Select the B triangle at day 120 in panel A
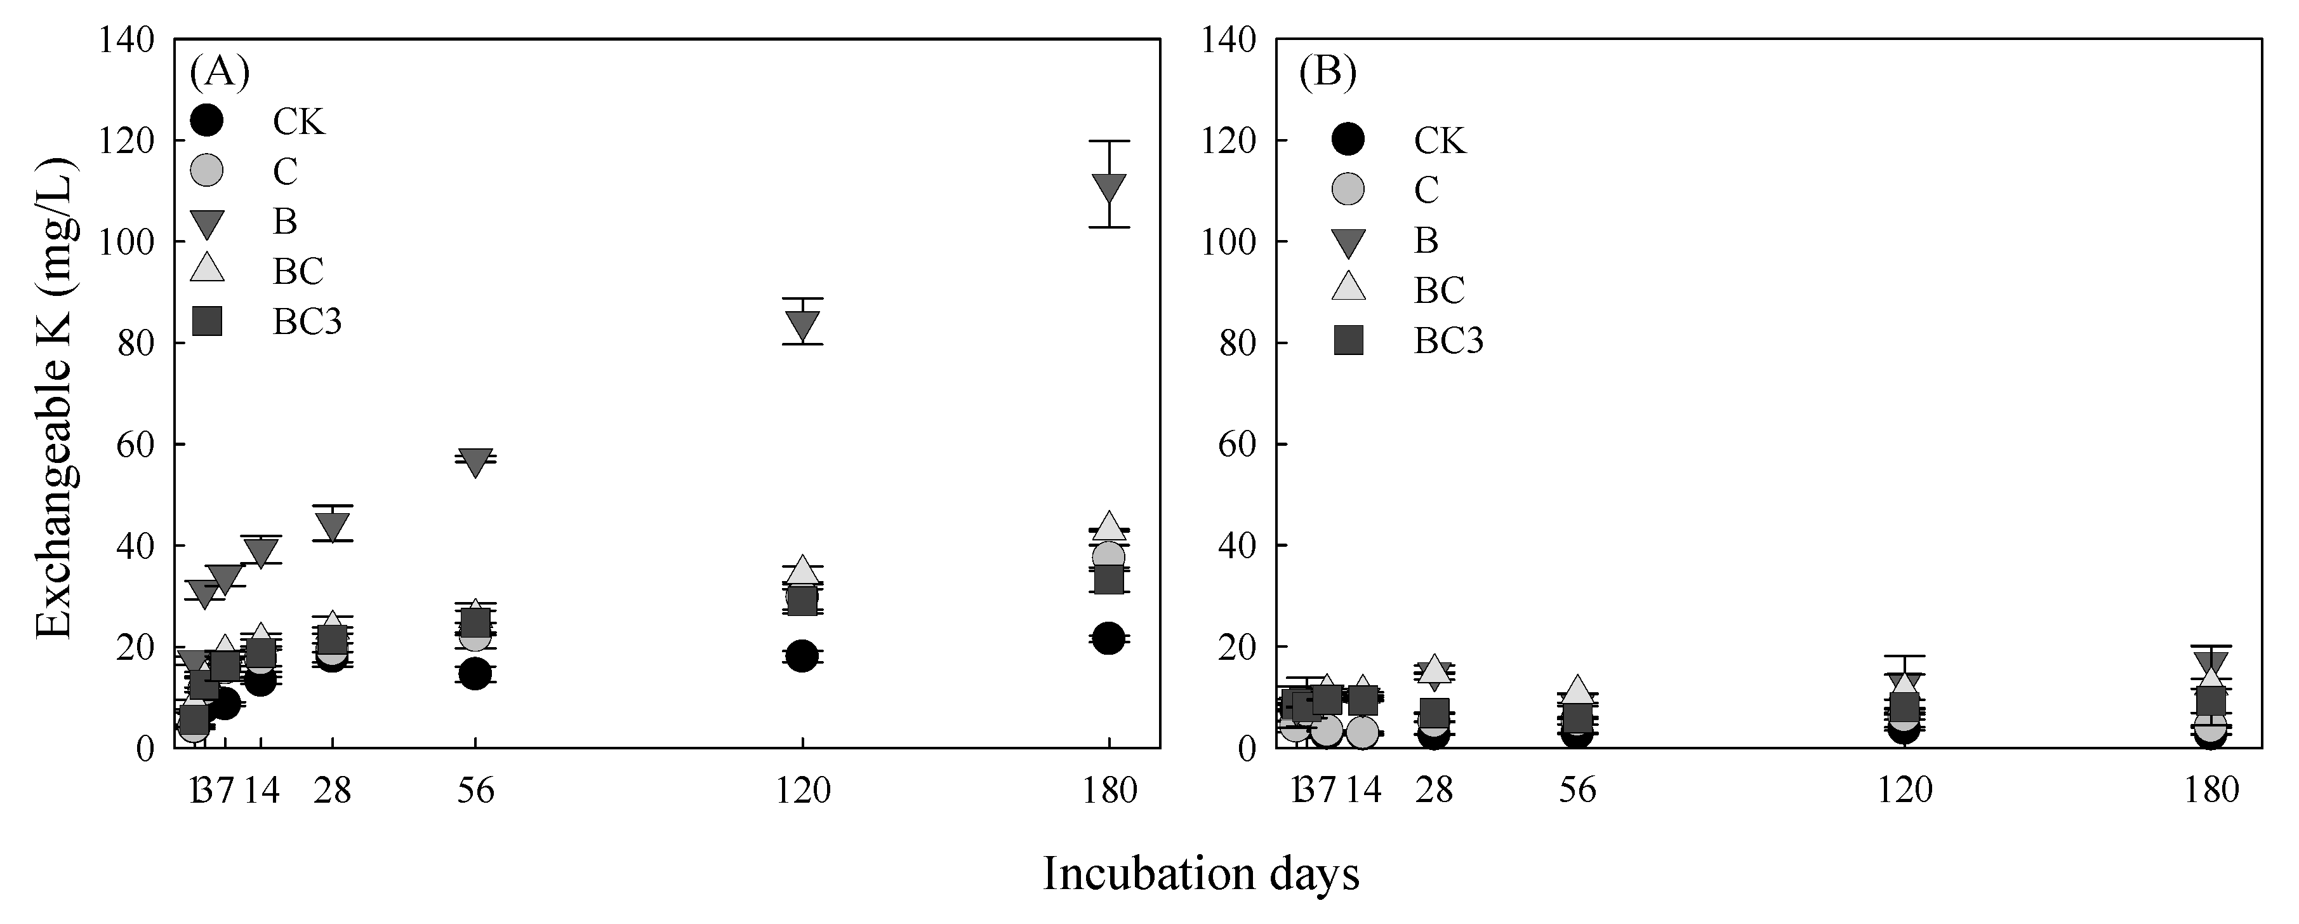click(x=802, y=326)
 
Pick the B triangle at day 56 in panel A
click(x=475, y=462)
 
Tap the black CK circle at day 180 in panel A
click(x=1108, y=638)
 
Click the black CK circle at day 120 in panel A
click(x=802, y=656)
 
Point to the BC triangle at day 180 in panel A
click(x=1108, y=525)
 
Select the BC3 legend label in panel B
click(x=1448, y=341)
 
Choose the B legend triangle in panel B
click(x=1349, y=242)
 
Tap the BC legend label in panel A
click(x=298, y=271)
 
